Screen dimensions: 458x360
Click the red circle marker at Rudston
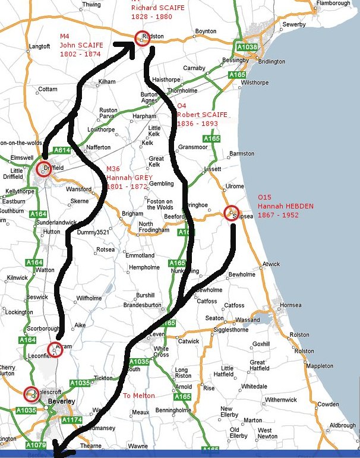[x=142, y=38]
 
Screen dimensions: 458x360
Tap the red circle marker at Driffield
[x=44, y=169]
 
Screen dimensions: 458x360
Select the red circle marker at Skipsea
[x=231, y=213]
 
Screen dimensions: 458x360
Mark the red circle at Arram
[x=55, y=350]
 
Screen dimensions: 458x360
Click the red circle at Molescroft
[x=31, y=393]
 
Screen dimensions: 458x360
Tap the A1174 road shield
[x=72, y=420]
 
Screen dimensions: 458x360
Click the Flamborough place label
[x=334, y=4]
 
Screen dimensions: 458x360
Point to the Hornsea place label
[x=290, y=305]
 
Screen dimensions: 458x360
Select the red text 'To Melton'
[x=138, y=396]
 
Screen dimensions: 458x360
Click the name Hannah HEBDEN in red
[x=285, y=206]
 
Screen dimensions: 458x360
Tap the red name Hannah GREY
[x=130, y=178]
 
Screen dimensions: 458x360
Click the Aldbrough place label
[x=343, y=425]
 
